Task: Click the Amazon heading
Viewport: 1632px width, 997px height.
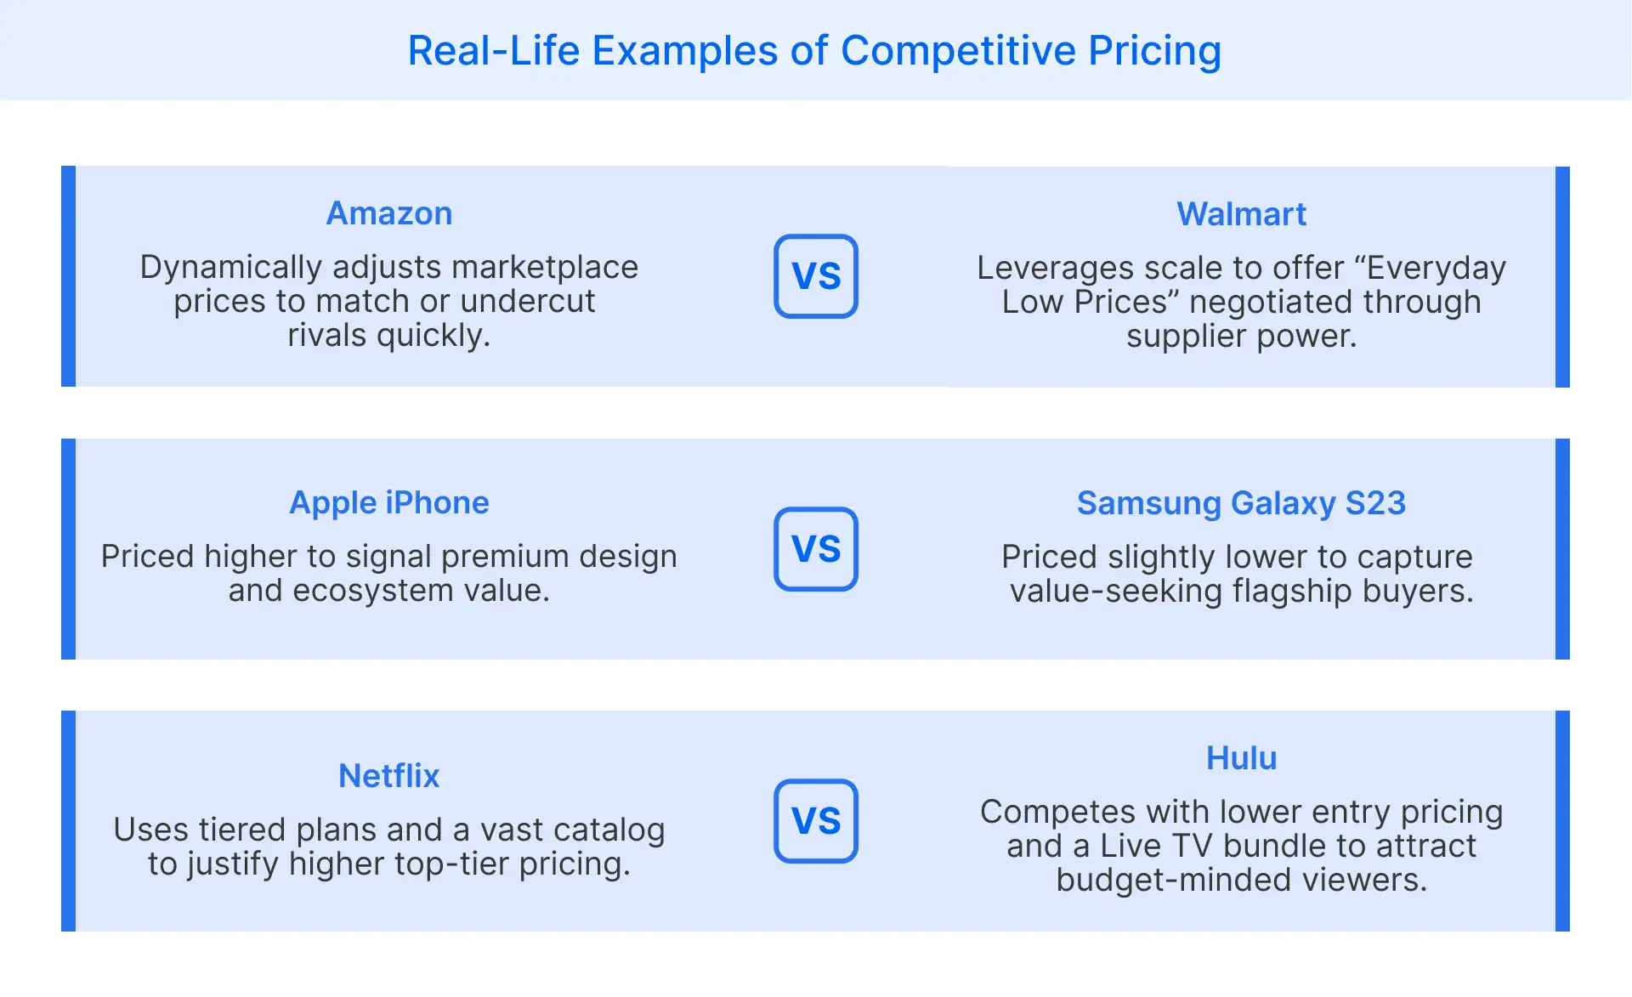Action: [x=389, y=213]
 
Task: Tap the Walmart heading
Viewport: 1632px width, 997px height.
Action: [x=1241, y=214]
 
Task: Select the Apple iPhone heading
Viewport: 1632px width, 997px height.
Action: [x=389, y=503]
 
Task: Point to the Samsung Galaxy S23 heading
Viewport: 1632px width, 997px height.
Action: [x=1241, y=503]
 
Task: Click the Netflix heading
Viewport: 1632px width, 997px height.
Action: [x=389, y=776]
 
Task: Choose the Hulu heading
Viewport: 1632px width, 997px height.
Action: [x=1241, y=758]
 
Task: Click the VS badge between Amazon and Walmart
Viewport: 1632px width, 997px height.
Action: [x=816, y=276]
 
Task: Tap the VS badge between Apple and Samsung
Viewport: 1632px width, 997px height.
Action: [x=816, y=549]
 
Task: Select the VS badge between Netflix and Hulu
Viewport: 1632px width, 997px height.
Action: [x=816, y=821]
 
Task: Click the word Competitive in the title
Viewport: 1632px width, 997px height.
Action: [x=958, y=51]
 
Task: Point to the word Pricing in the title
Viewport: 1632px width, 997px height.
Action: [x=1155, y=51]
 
